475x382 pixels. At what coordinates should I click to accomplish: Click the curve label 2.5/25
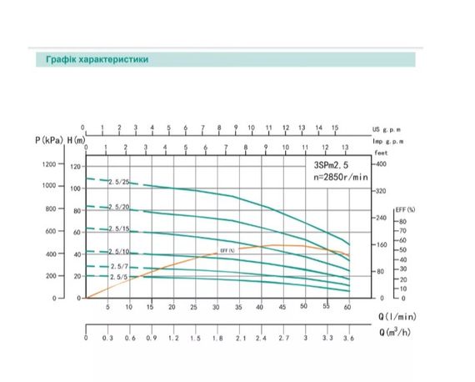pos(117,182)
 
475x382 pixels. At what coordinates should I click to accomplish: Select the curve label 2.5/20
pos(117,207)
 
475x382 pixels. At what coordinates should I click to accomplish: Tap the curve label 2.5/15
pos(117,229)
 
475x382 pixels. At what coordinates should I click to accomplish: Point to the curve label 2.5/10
pos(117,252)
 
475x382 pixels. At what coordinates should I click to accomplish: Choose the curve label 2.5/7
pos(117,266)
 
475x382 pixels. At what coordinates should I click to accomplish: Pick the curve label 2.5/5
pos(117,277)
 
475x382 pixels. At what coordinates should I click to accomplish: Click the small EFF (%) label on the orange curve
pos(226,249)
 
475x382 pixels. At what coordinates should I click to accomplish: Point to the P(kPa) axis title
pos(49,140)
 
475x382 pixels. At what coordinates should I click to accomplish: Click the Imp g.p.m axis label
pos(388,142)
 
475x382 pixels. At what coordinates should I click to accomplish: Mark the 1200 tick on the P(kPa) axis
pos(47,164)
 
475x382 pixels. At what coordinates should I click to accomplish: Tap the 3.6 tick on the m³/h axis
pos(347,339)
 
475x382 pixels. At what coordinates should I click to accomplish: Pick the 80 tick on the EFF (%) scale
pos(402,222)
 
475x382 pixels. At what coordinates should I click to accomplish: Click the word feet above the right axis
pos(381,153)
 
